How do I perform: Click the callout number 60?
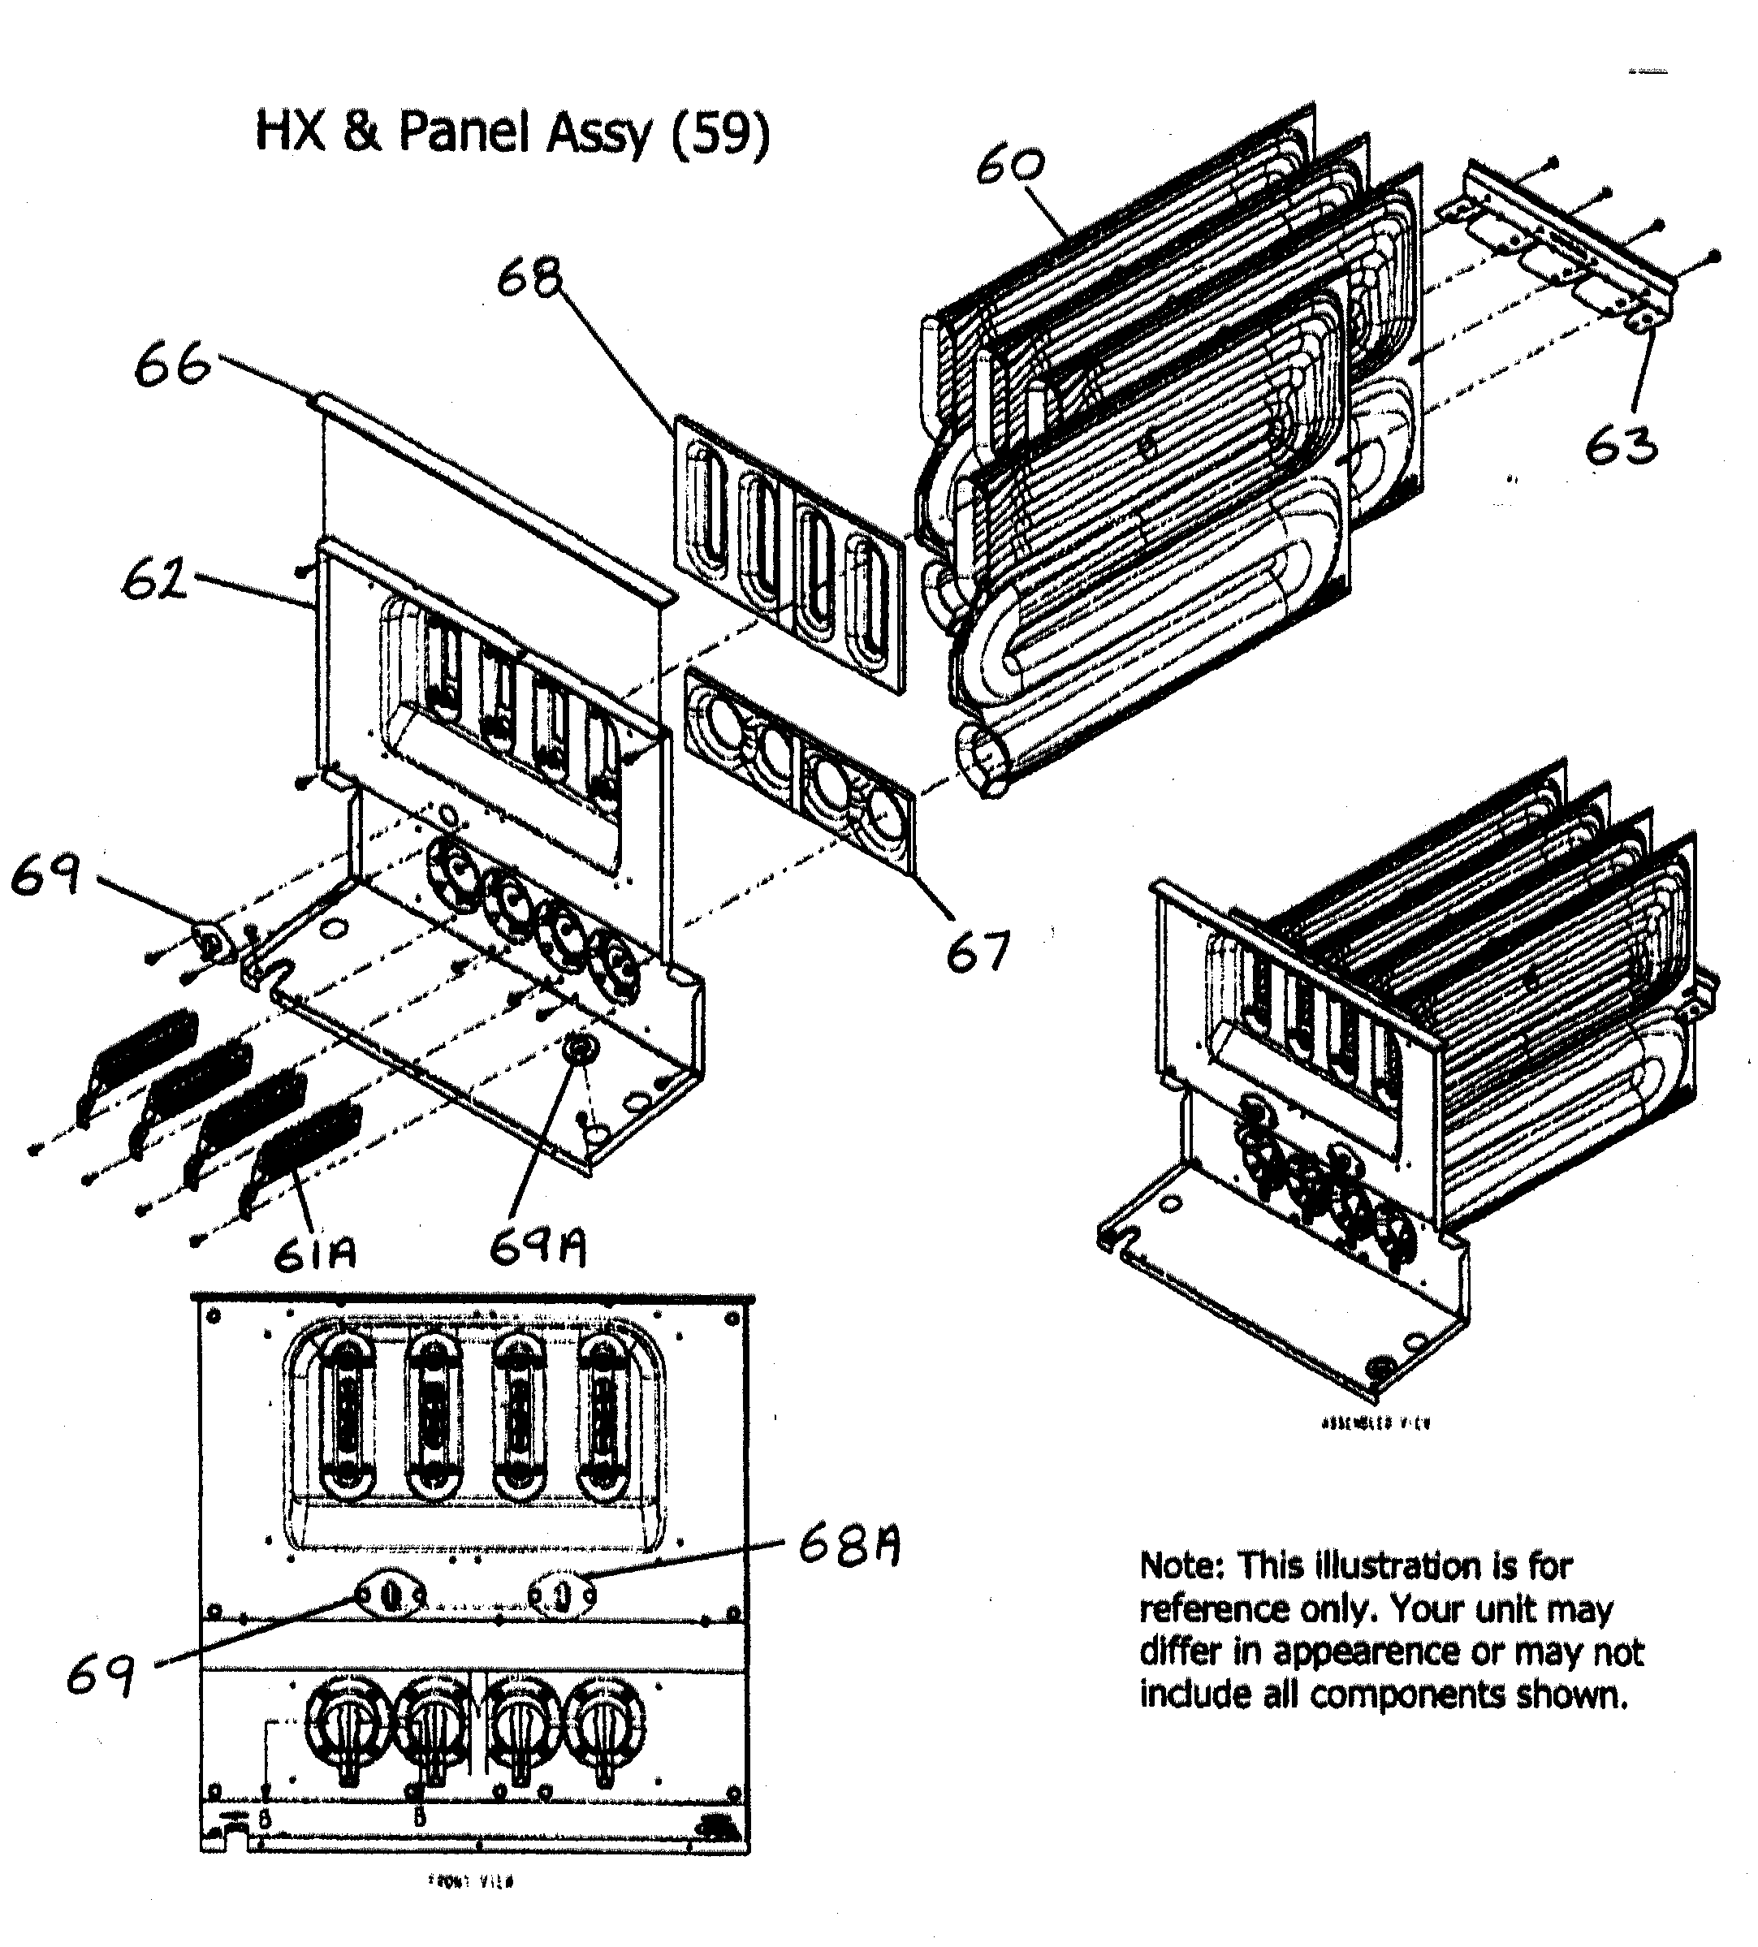(x=1010, y=166)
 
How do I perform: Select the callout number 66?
(x=172, y=366)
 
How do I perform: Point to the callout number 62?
(x=154, y=580)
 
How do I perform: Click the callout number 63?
(x=1621, y=447)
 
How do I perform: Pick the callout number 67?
(x=978, y=952)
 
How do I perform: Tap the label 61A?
(x=315, y=1254)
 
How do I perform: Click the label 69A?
(x=537, y=1249)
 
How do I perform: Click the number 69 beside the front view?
(x=100, y=1676)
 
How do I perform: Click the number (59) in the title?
(x=720, y=132)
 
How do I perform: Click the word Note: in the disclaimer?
(x=1181, y=1565)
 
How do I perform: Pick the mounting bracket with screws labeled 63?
(x=1570, y=246)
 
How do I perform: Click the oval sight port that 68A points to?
(x=564, y=1595)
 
